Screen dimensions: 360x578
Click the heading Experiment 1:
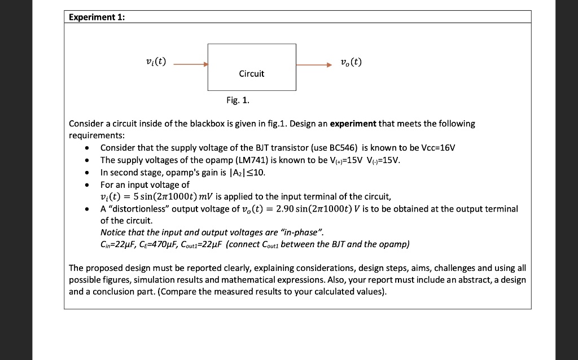(96, 17)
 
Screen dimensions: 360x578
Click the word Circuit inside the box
(252, 73)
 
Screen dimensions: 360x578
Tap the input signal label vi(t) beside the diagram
(155, 62)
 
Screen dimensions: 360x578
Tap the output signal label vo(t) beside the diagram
(351, 62)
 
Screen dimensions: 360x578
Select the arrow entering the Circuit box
(191, 65)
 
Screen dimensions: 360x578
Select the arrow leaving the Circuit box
(314, 65)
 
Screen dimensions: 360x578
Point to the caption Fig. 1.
(238, 101)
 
